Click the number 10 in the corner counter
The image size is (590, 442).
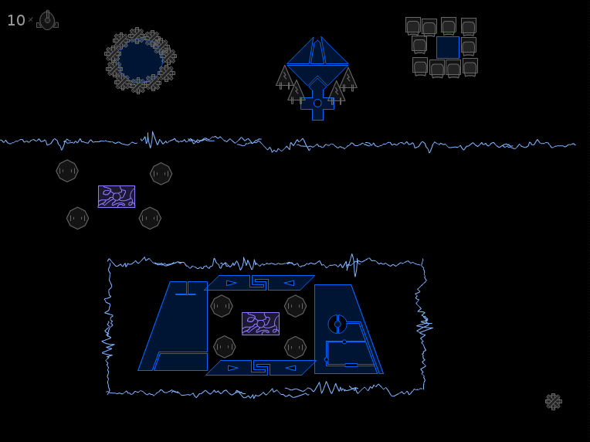16,20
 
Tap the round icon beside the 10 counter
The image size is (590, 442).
47,20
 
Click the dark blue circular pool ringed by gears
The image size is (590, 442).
140,60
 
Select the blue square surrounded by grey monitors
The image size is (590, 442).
448,47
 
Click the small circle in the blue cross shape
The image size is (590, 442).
317,103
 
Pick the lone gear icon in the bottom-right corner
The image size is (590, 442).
554,402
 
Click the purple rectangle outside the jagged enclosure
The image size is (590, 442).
117,196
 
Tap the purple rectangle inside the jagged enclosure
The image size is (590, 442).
261,324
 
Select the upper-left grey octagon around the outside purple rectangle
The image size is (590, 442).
67,171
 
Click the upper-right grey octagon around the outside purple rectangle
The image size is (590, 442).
161,174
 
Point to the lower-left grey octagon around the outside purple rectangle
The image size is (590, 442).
77,218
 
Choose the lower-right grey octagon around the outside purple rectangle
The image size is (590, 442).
150,218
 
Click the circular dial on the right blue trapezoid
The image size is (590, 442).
337,324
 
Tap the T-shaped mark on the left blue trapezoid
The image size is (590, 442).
187,288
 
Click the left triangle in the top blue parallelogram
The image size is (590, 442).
232,283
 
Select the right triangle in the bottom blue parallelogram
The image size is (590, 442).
290,369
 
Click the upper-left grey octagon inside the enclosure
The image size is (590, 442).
222,306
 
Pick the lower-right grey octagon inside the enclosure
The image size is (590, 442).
295,347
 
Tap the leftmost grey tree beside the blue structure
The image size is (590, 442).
285,77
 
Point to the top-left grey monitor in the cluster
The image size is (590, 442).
413,26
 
